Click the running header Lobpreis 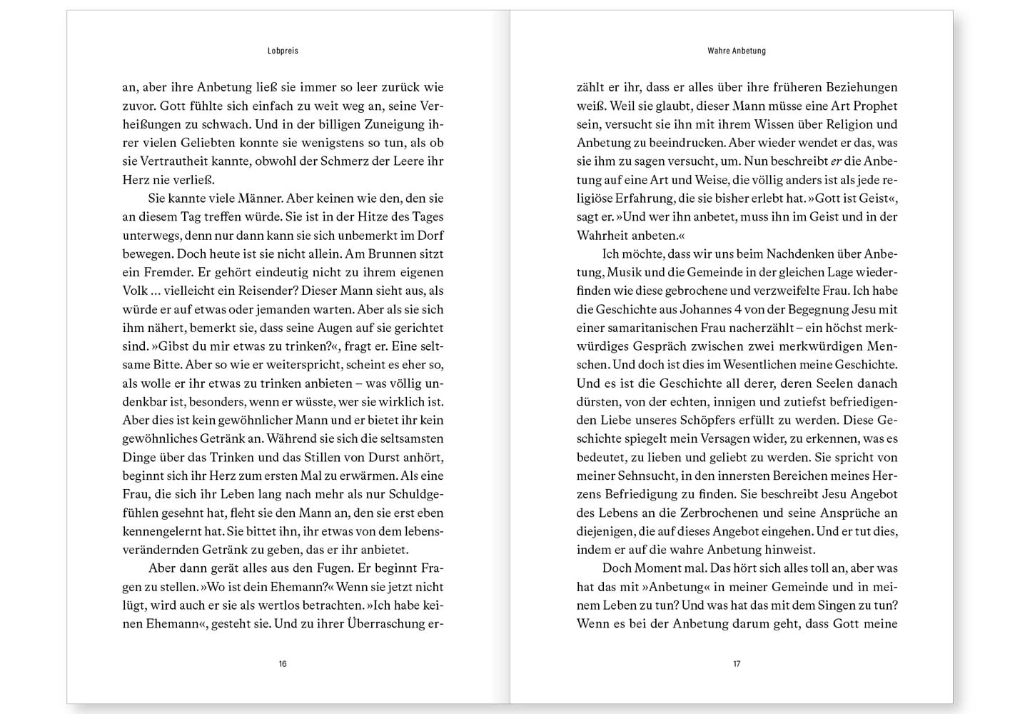tap(283, 51)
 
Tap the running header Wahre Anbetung tap(737, 51)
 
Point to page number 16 tap(283, 664)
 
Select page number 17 tap(737, 664)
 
